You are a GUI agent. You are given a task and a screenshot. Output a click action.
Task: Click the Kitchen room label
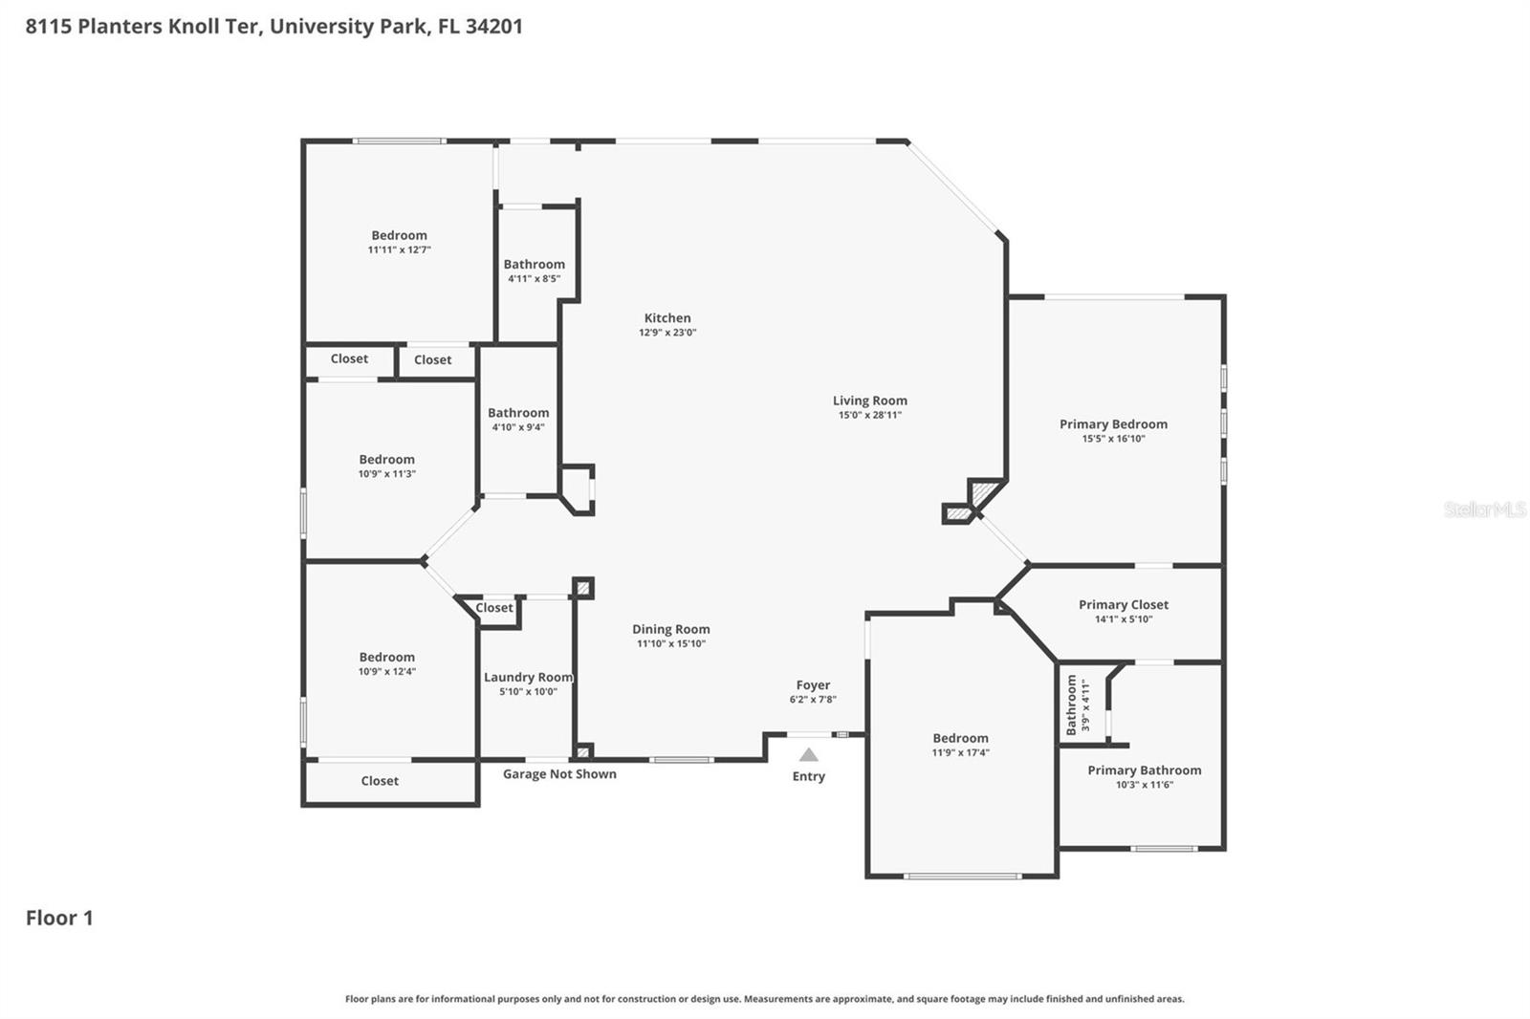[667, 318]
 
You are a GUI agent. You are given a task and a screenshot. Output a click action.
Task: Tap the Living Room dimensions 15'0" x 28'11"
[869, 415]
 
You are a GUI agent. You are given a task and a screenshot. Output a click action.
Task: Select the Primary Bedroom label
[1113, 424]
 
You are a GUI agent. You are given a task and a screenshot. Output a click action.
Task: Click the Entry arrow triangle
[809, 755]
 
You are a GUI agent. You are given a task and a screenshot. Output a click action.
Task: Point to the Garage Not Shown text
[559, 774]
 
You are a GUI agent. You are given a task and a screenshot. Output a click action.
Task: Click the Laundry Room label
[528, 677]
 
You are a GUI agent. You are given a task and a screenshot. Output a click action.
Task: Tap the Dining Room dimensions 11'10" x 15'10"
[670, 643]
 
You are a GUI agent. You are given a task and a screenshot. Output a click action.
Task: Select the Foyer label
[813, 685]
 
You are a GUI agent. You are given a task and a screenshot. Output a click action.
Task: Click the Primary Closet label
[1124, 605]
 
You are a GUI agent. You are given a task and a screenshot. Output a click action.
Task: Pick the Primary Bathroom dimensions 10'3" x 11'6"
[1144, 785]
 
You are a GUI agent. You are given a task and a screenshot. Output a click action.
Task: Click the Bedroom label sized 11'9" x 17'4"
[960, 738]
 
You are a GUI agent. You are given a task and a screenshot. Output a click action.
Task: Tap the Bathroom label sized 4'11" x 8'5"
[534, 265]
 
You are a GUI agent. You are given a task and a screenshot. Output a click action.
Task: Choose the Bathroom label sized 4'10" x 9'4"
[518, 413]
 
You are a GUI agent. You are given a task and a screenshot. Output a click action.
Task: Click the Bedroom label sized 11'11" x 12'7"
[399, 235]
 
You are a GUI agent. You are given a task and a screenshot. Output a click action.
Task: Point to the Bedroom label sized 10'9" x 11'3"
[386, 460]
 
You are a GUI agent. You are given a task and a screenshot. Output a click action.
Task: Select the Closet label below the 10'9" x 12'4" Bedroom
[380, 781]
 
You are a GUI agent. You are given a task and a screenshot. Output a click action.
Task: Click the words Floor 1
[59, 918]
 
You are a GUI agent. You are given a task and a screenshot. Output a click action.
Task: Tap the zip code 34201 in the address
[493, 26]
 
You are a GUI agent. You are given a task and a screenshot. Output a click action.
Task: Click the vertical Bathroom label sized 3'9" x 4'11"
[1071, 705]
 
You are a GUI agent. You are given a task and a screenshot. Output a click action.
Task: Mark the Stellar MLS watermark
[1484, 509]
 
